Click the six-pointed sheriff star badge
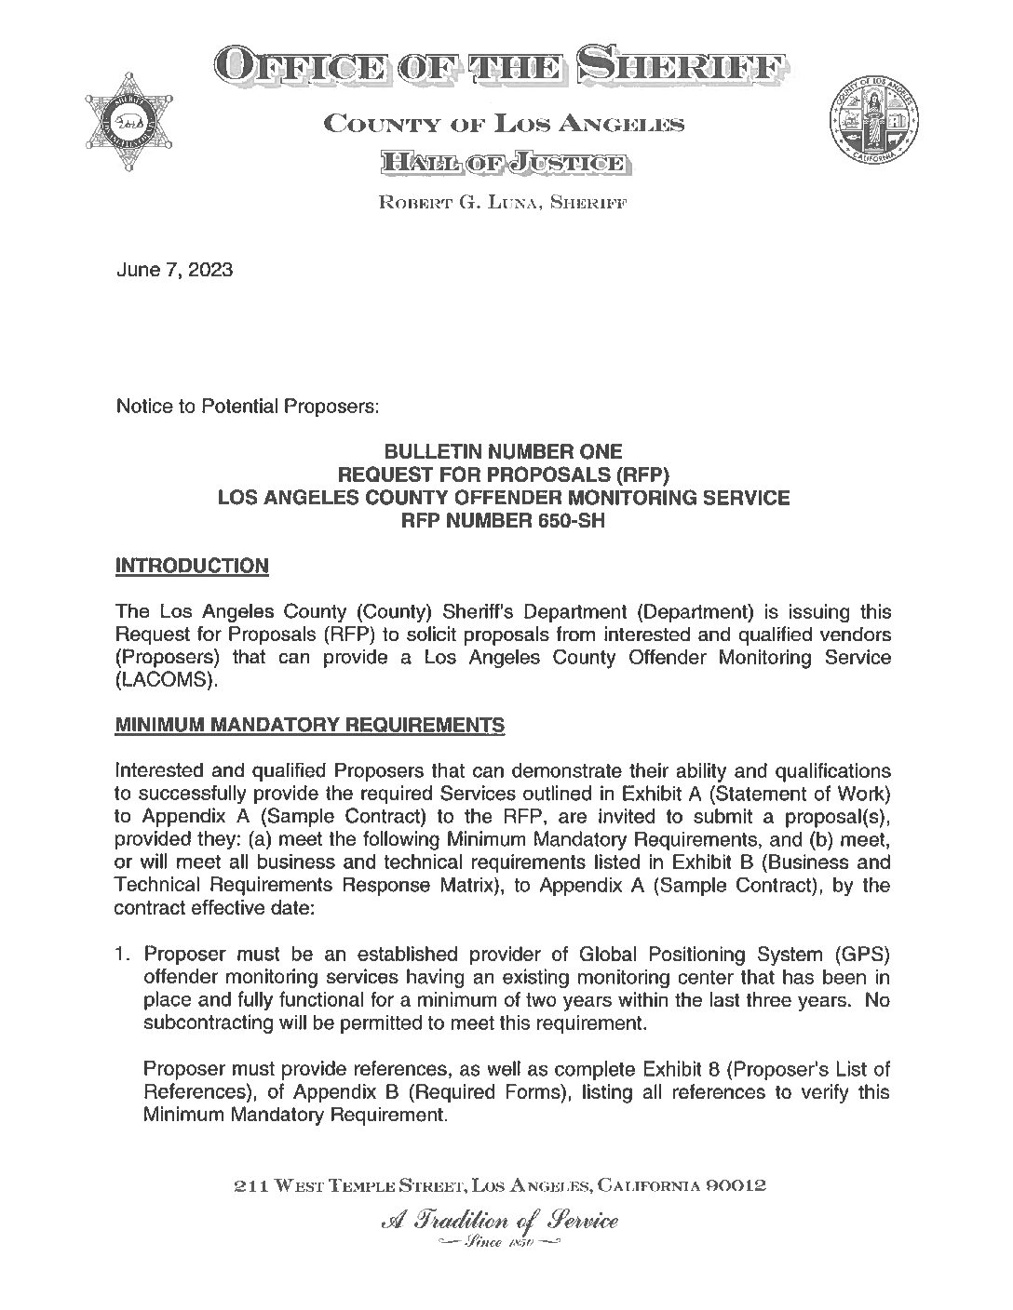(x=129, y=122)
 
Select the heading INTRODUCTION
(x=192, y=566)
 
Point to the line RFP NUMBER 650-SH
(x=503, y=521)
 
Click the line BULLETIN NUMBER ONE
(x=504, y=453)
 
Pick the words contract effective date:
(x=215, y=908)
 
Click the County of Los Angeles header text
(x=503, y=124)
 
